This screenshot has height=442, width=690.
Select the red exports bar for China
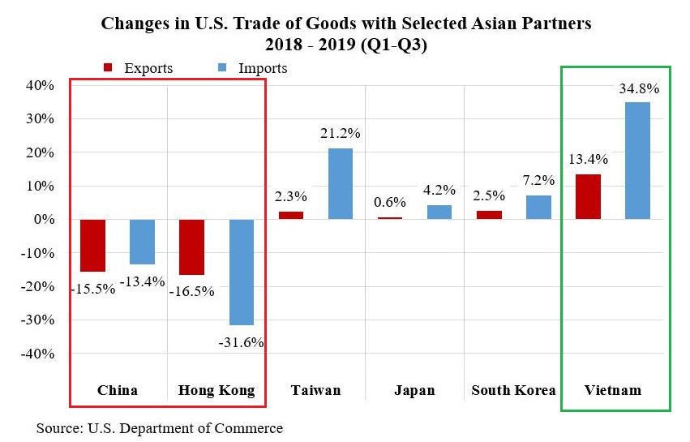pyautogui.click(x=93, y=245)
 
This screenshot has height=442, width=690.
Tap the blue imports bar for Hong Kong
pyautogui.click(x=242, y=272)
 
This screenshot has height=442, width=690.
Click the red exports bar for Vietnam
pyautogui.click(x=589, y=197)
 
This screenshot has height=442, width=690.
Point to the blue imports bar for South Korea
pyautogui.click(x=538, y=208)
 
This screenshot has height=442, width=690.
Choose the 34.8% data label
pyautogui.click(x=640, y=88)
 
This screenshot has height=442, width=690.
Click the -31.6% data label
pyautogui.click(x=242, y=342)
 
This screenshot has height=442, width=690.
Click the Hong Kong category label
pyautogui.click(x=216, y=390)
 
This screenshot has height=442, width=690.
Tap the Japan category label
pyautogui.click(x=414, y=390)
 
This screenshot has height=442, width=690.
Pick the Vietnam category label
pyautogui.click(x=613, y=390)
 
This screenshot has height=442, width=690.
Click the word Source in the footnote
pyautogui.click(x=58, y=427)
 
